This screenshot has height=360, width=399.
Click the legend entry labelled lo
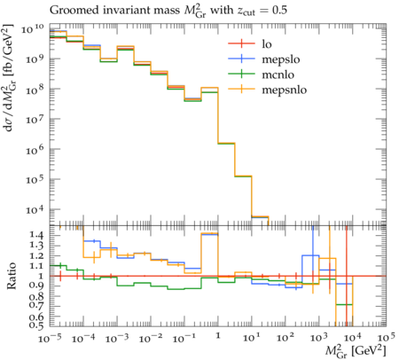tap(267, 44)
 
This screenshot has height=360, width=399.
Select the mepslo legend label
tap(281, 59)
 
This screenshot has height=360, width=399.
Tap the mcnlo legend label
tap(278, 74)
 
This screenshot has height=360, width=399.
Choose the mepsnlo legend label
tap(285, 90)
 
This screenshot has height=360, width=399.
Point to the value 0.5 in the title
tap(279, 11)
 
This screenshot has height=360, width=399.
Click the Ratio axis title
tap(12, 276)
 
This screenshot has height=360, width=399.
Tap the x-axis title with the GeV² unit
tap(356, 351)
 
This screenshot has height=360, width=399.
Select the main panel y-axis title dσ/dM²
tap(10, 78)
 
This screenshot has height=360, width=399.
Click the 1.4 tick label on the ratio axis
tap(36, 236)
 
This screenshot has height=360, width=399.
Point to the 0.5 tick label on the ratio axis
tap(36, 325)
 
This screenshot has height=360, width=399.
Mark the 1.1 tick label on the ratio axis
tap(36, 266)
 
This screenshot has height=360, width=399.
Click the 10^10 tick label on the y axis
tap(33, 29)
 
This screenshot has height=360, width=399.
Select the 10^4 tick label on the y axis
tap(35, 210)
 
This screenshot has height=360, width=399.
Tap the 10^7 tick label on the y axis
tap(35, 120)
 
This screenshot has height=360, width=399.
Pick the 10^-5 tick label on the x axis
tap(50, 338)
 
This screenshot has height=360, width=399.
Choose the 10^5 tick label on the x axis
tap(386, 338)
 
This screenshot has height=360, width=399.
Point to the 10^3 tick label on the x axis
tap(319, 338)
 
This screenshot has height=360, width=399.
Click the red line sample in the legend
tap(241, 44)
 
